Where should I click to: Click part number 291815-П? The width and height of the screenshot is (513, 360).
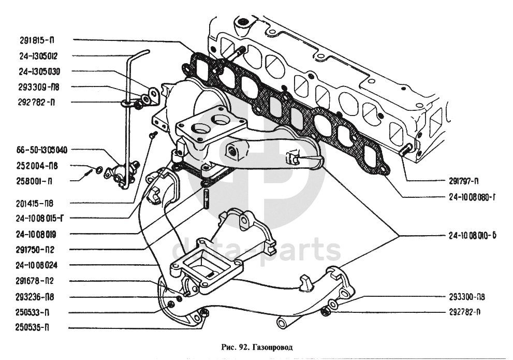pyautogui.click(x=38, y=39)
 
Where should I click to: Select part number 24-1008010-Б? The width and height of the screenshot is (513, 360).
pyautogui.click(x=473, y=235)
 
